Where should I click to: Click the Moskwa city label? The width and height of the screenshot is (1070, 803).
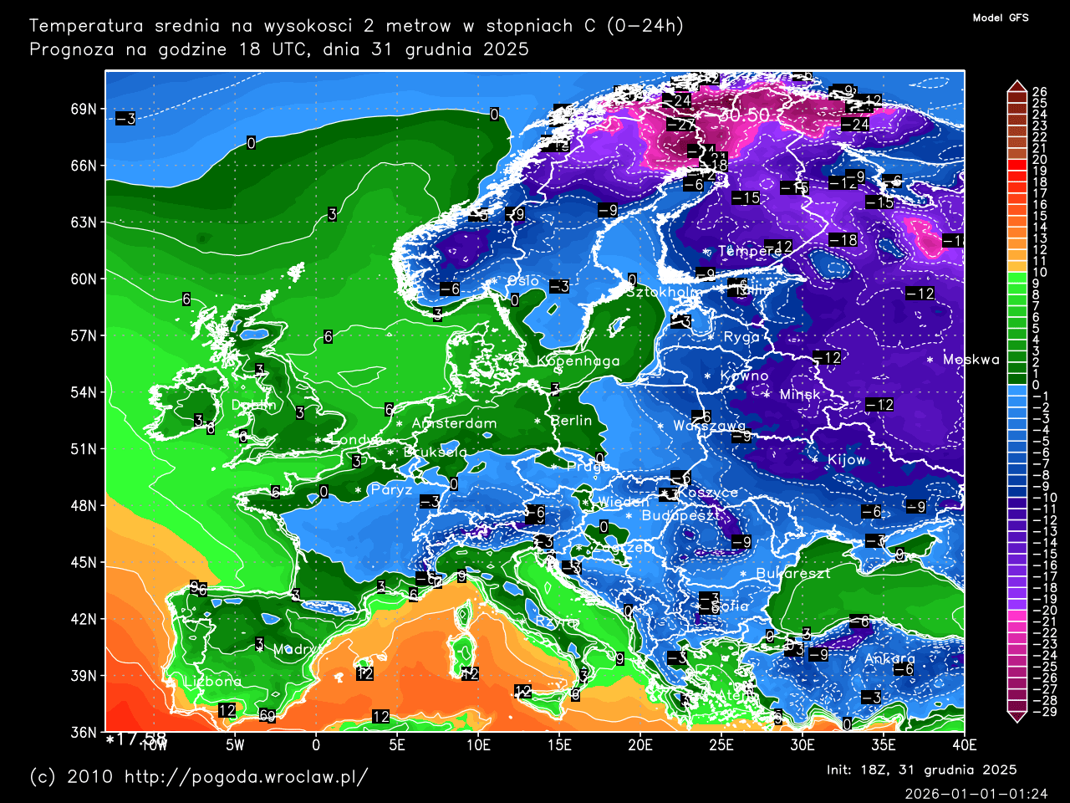click(x=971, y=360)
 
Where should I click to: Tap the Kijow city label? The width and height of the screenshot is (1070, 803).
click(x=846, y=460)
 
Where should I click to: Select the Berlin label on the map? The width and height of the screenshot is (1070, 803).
click(x=572, y=421)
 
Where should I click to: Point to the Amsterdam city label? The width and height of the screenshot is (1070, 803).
click(x=454, y=423)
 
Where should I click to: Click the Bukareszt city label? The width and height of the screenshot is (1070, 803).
click(x=793, y=574)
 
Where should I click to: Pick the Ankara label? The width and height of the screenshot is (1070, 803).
click(x=889, y=659)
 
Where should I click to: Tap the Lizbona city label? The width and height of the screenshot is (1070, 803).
click(x=212, y=681)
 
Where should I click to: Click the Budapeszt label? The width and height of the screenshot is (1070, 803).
click(x=680, y=516)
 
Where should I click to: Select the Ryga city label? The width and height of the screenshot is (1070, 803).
click(x=741, y=337)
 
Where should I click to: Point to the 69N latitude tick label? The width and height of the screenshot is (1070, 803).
click(x=83, y=110)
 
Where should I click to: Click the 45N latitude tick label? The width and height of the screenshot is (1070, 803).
click(x=83, y=562)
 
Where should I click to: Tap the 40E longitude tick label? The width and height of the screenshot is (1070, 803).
click(x=964, y=745)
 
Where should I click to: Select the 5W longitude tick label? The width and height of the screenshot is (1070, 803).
click(x=235, y=745)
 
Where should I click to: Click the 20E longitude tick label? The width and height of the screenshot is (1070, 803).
click(x=639, y=745)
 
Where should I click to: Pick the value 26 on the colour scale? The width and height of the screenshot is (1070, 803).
click(x=1039, y=92)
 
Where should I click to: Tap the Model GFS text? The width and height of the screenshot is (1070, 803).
click(x=1001, y=18)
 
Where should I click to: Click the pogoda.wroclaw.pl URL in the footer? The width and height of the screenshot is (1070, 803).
click(x=246, y=776)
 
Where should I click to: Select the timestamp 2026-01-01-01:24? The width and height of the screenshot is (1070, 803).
click(x=976, y=793)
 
